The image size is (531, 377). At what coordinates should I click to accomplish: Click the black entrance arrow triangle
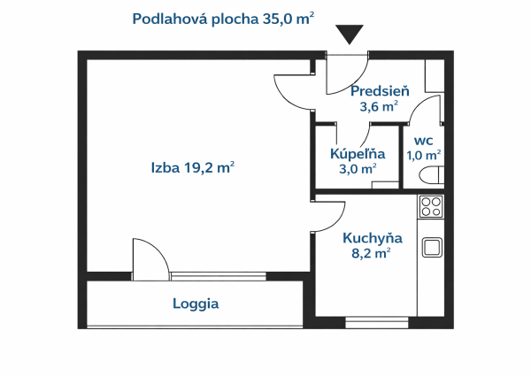pyautogui.click(x=350, y=35)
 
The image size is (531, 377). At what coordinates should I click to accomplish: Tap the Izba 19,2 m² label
pyautogui.click(x=192, y=167)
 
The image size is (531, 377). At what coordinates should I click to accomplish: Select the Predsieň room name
pyautogui.click(x=378, y=91)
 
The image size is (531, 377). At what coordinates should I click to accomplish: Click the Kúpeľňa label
pyautogui.click(x=357, y=153)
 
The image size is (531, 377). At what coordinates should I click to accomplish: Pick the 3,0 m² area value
pyautogui.click(x=357, y=169)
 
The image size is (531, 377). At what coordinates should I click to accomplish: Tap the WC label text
pyautogui.click(x=423, y=140)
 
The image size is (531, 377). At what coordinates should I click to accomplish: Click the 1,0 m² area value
pyautogui.click(x=423, y=155)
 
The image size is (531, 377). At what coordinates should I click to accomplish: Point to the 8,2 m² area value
pyautogui.click(x=371, y=253)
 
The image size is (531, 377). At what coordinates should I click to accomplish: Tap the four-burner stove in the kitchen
pyautogui.click(x=431, y=207)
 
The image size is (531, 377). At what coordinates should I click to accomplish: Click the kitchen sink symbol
pyautogui.click(x=431, y=247)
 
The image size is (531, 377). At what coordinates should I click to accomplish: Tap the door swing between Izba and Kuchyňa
pyautogui.click(x=328, y=214)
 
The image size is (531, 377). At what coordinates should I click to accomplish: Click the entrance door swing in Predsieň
pyautogui.click(x=347, y=76)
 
